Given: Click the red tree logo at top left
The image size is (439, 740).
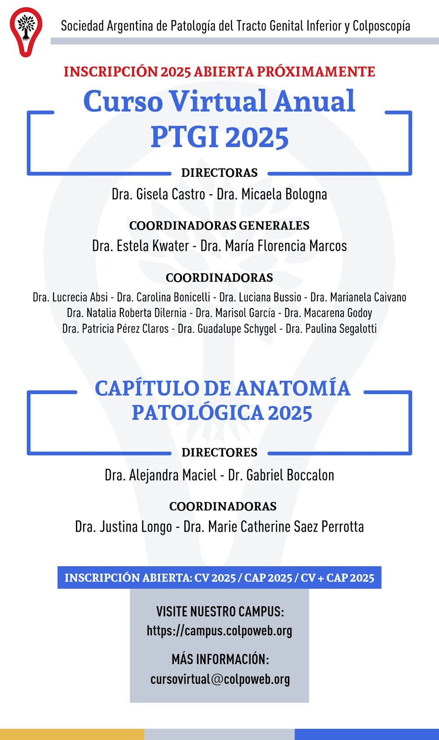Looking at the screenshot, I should point(26,31).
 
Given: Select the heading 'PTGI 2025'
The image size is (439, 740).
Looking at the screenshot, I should point(219,137).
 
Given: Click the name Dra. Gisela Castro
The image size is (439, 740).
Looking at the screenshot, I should point(158,194).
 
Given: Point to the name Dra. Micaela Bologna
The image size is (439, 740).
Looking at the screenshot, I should point(272,194).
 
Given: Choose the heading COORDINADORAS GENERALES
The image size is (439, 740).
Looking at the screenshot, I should point(219,225).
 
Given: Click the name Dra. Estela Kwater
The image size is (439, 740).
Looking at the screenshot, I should point(140,246).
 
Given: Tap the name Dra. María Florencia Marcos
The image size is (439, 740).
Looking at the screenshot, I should point(273,246).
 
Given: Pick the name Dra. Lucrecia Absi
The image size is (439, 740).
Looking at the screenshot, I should point(70,297).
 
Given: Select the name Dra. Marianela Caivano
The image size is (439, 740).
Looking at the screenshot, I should point(358,297).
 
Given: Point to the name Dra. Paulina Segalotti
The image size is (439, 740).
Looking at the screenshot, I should point(331,329).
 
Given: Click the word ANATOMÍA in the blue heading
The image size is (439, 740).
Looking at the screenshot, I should point(293,389).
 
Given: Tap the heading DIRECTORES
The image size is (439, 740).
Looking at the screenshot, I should point(219,453).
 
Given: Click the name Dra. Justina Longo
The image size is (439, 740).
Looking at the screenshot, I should point(123,527).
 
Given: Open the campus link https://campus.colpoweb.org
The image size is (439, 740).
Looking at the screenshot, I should point(219,631).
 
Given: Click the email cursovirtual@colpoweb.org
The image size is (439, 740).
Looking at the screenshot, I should point(220,679).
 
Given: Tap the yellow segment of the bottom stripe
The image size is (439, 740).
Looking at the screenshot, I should point(72,734).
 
